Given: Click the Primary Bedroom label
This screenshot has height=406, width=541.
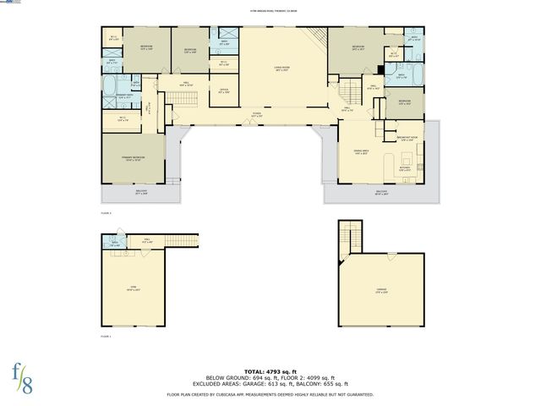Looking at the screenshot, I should tap(133, 157).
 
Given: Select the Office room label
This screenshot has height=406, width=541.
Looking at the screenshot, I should tap(224, 91).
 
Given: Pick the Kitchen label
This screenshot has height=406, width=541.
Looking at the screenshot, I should tap(405, 167).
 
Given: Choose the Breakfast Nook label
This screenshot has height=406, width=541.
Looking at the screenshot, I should tap(408, 140).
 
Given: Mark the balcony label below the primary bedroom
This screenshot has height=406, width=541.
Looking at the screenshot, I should tap(140, 192).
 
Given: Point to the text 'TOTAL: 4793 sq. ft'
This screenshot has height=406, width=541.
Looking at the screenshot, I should tap(270, 370).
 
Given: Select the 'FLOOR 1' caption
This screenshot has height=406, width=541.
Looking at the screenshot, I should tap(106, 337).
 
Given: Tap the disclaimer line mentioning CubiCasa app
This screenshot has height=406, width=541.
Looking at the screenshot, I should tap(270, 394).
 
